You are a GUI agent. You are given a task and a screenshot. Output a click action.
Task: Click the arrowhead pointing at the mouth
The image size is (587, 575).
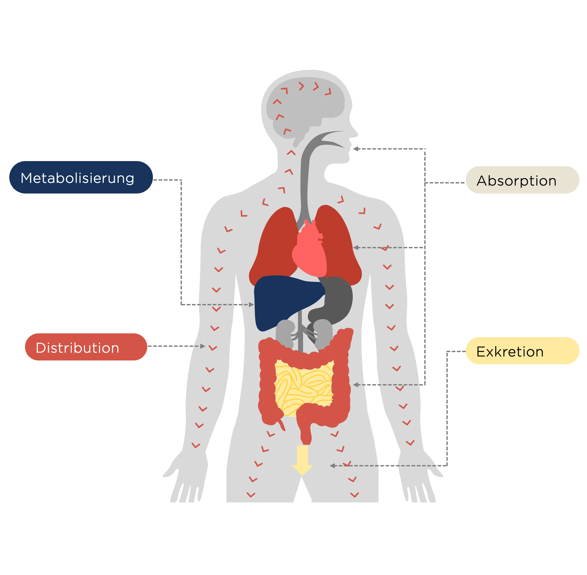pos(356,149)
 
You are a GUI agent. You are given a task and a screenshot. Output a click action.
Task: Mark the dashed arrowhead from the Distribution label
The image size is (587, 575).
pos(203,346)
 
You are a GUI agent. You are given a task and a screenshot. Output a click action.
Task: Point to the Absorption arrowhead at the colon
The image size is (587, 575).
pos(356,385)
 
